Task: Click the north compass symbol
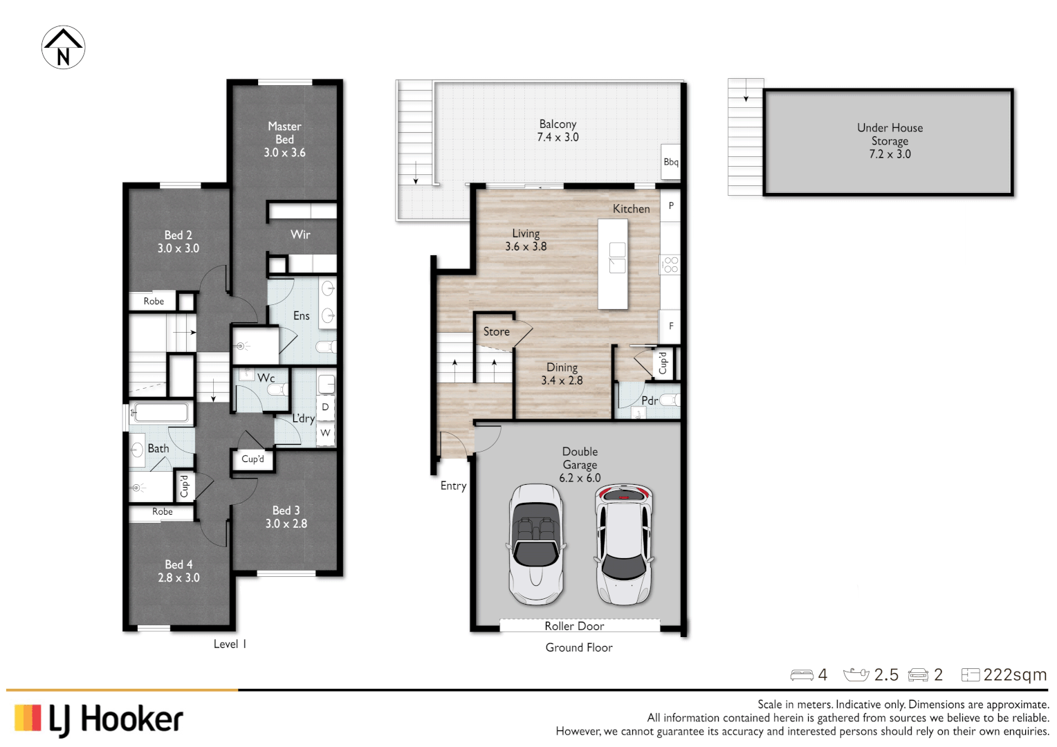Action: click(63, 48)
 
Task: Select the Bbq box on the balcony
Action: click(670, 162)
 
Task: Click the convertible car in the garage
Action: click(535, 544)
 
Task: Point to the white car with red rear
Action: click(624, 544)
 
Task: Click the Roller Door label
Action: click(574, 626)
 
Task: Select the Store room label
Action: click(496, 332)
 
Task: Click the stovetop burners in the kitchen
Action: click(670, 264)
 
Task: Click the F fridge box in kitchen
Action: click(670, 326)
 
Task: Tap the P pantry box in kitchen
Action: click(670, 206)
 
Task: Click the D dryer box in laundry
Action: click(325, 407)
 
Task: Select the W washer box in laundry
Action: click(325, 433)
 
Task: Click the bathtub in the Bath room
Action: click(160, 413)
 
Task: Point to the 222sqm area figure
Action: click(1015, 674)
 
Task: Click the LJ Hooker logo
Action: click(99, 719)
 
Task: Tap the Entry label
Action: click(453, 486)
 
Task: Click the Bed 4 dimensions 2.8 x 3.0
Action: click(178, 578)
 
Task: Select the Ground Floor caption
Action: click(579, 647)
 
